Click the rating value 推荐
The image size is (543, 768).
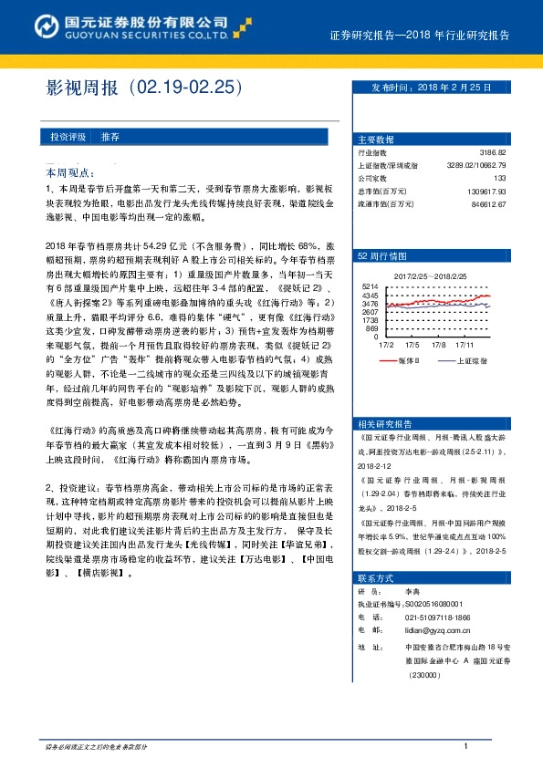(110, 136)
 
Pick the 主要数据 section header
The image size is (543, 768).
(376, 140)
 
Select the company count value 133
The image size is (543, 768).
(524, 178)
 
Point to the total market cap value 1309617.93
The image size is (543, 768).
(505, 191)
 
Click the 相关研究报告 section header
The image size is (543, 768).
(385, 423)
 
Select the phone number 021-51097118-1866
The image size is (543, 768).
(429, 617)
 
